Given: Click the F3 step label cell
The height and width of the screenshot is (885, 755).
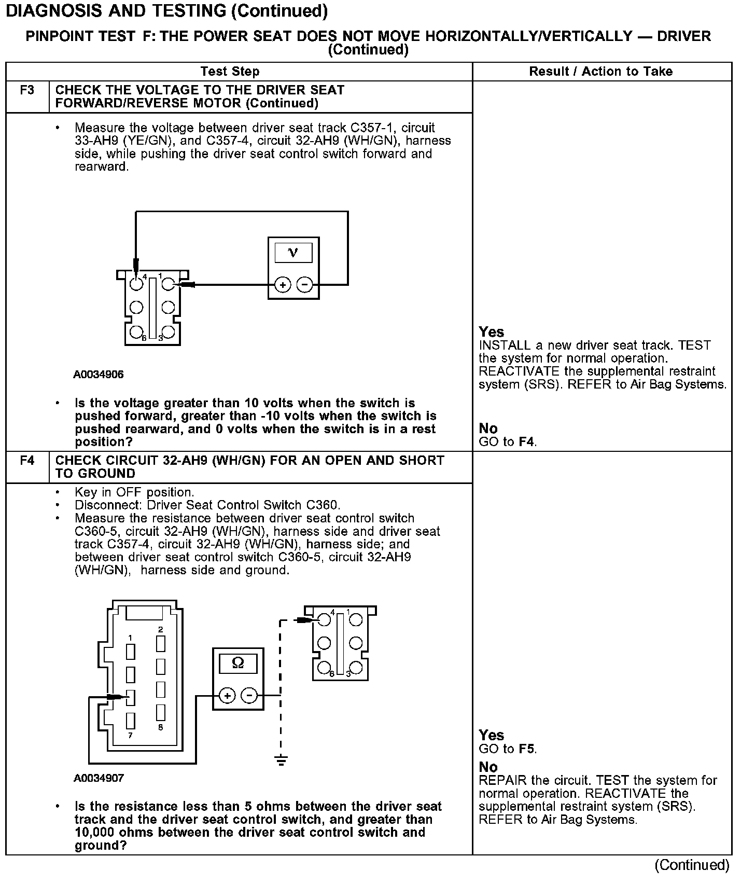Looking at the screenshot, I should click(27, 91).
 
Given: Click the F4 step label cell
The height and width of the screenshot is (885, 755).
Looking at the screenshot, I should click(27, 461).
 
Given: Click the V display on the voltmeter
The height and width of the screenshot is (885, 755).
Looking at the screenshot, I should click(293, 253).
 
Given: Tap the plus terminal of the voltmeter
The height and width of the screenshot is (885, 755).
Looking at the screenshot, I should click(283, 285).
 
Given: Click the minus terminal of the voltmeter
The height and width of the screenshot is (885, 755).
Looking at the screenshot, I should click(304, 285).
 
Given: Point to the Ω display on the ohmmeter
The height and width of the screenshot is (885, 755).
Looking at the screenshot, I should click(238, 663).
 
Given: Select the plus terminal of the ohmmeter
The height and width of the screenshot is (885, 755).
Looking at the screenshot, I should click(227, 695).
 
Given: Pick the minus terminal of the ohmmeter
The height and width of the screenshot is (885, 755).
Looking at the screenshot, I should click(250, 695).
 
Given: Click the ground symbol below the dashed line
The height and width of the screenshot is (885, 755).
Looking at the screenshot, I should click(281, 761).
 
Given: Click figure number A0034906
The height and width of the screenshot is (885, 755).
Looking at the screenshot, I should click(99, 375).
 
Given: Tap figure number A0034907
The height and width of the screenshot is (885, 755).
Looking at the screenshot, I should click(99, 778).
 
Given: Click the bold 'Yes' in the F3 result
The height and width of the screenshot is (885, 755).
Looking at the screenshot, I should click(491, 332).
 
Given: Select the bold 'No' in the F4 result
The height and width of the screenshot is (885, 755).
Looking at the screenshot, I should click(488, 767).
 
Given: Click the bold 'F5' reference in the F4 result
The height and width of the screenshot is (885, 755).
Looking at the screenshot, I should click(527, 749).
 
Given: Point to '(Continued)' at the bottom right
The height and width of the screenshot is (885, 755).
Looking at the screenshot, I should click(692, 865).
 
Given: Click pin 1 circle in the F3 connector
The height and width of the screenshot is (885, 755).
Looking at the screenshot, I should click(168, 284).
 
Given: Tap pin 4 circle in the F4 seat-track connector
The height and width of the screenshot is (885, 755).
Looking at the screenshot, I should click(325, 619).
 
